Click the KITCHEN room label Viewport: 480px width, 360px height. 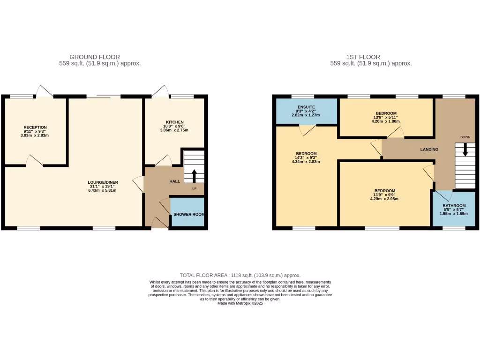tap(174, 122)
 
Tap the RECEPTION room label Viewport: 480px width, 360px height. tap(36, 127)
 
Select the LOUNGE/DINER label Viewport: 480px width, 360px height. tap(103, 182)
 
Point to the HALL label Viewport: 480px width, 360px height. tap(174, 181)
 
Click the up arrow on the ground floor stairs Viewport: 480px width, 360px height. tap(194, 176)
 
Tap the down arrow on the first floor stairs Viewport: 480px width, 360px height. tap(465, 150)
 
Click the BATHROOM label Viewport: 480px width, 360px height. tap(454, 206)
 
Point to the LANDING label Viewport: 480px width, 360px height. tap(429, 150)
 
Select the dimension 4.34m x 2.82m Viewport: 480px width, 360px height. tap(306, 162)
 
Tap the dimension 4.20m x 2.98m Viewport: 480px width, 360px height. tap(385, 199)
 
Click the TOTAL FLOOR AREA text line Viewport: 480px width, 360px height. tap(240, 276)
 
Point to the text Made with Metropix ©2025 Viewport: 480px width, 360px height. tap(240, 303)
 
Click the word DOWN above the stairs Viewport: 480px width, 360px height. tap(465, 137)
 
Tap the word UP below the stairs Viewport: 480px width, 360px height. tap(194, 189)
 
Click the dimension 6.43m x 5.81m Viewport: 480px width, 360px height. tap(103, 190)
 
